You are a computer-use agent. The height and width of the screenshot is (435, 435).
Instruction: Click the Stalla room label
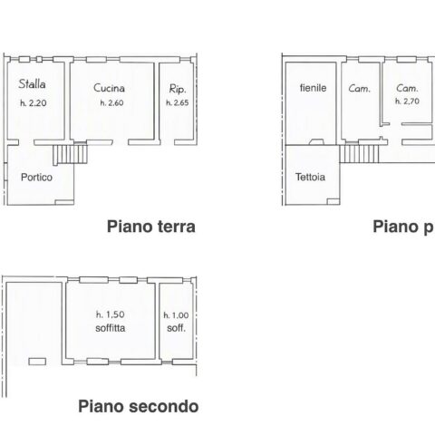[32, 83]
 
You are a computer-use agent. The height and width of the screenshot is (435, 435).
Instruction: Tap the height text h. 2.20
[34, 103]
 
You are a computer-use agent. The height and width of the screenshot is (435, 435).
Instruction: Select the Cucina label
[109, 88]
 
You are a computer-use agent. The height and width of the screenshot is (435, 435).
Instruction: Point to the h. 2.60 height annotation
[111, 102]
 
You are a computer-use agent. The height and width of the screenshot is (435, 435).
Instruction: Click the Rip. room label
[178, 89]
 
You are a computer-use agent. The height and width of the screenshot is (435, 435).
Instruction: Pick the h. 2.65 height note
[178, 102]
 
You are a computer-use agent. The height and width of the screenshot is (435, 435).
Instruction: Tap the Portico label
[36, 177]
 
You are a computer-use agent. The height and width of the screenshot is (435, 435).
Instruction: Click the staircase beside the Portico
[71, 154]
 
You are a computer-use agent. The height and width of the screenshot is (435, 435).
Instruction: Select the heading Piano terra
[151, 227]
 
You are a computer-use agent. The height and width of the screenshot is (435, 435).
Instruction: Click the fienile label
[314, 88]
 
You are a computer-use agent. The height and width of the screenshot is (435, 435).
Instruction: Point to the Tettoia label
[310, 177]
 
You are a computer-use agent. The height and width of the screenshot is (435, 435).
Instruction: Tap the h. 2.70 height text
[407, 101]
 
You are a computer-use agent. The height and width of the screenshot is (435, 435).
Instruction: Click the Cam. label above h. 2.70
[407, 88]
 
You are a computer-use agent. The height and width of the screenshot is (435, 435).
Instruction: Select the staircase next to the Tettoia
[359, 154]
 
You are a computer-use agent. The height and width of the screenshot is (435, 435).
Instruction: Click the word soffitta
[111, 328]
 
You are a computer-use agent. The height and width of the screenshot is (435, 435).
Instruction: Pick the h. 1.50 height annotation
[111, 314]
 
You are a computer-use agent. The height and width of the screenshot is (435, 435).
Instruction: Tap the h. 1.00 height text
[176, 315]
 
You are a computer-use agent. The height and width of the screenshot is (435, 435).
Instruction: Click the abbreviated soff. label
[177, 328]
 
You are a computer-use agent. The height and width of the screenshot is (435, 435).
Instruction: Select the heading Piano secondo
[139, 406]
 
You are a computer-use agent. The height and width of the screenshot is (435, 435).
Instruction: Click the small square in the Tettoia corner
[333, 201]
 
